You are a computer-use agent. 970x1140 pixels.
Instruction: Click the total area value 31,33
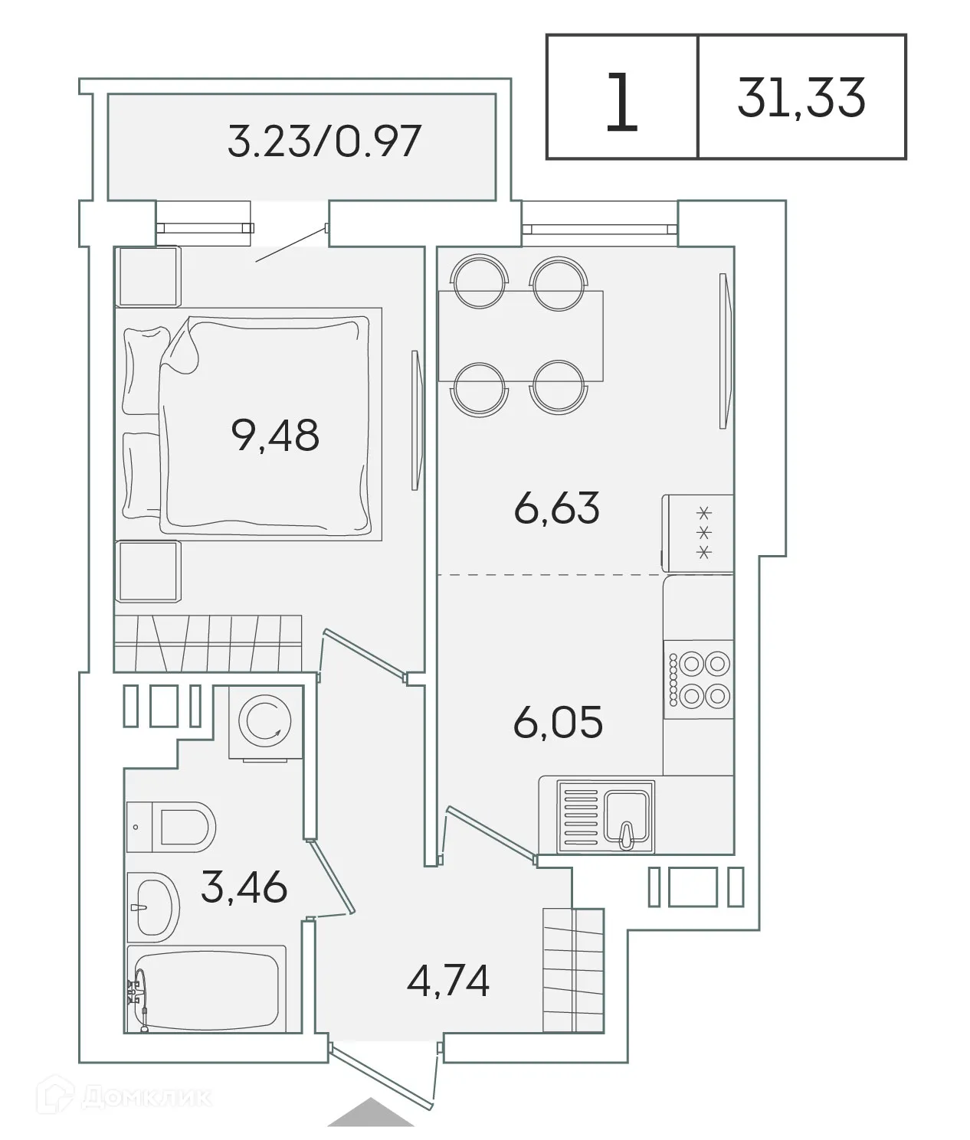(801, 98)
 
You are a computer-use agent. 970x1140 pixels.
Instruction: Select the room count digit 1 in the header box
(621, 102)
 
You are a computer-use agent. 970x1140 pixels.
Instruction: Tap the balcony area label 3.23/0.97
(324, 142)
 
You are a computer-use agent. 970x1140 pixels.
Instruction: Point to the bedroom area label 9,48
(274, 436)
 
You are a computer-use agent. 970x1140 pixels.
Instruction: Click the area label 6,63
(556, 508)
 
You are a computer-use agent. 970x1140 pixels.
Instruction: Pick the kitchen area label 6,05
(558, 723)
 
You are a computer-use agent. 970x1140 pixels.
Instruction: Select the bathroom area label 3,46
(244, 887)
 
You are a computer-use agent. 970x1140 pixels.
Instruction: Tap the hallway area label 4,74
(448, 982)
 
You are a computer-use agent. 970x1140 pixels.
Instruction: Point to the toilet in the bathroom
(172, 827)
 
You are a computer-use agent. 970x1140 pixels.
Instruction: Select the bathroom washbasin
(152, 906)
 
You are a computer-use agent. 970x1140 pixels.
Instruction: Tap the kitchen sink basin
(628, 815)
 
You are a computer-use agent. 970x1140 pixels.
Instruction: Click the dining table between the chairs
(520, 335)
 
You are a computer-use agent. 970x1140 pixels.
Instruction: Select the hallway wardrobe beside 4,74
(573, 971)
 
